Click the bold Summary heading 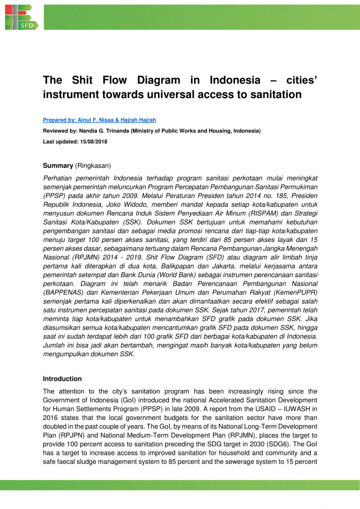tap(57, 165)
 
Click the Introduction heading tap(62, 379)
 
